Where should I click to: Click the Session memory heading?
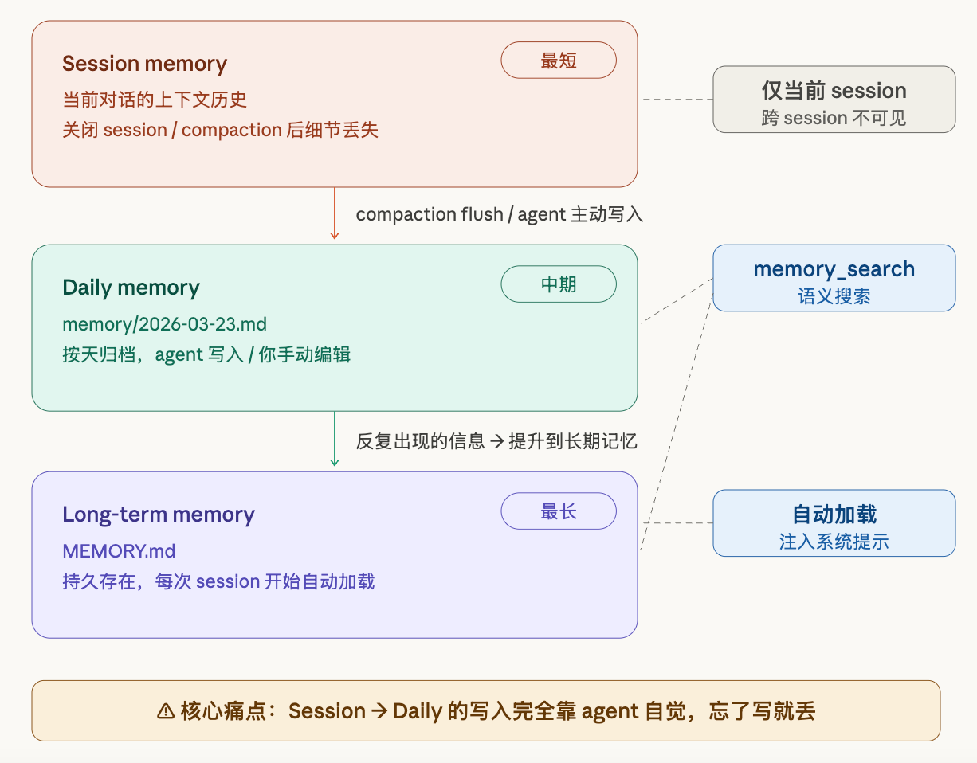(x=144, y=64)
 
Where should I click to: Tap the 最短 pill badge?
(x=559, y=61)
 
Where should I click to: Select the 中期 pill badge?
(x=559, y=284)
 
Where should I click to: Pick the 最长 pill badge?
(x=559, y=511)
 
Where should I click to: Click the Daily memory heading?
(x=131, y=288)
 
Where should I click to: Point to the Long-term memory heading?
(x=159, y=515)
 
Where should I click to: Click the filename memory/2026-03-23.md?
(x=164, y=324)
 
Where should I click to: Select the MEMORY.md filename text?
(x=119, y=551)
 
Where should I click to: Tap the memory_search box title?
(x=834, y=270)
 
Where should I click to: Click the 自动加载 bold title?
(x=834, y=514)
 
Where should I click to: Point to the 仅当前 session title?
(x=834, y=91)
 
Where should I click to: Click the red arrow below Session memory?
(x=335, y=213)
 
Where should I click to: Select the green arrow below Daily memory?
(x=335, y=439)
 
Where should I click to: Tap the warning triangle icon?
(x=166, y=711)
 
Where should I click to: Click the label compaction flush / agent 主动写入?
(x=500, y=214)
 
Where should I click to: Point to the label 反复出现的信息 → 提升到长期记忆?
(x=496, y=441)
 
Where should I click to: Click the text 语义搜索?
(x=834, y=296)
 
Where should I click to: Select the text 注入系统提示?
(x=834, y=542)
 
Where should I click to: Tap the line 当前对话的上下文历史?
(x=155, y=100)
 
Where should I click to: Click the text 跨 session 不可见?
(x=834, y=118)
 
